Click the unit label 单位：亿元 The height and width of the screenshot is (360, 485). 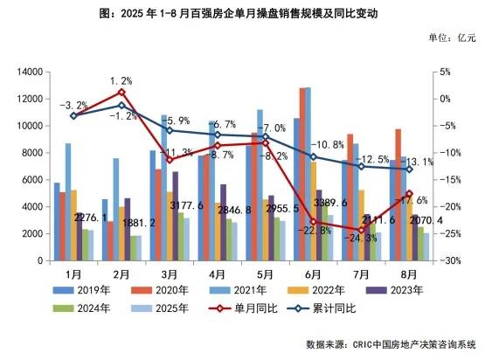pyautogui.click(x=452, y=38)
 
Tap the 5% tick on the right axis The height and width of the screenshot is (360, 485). pyautogui.click(x=446, y=72)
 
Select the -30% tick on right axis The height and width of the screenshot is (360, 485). pyautogui.click(x=450, y=261)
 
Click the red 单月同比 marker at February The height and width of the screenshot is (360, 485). pyautogui.click(x=121, y=92)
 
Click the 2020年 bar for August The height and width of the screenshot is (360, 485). pyautogui.click(x=398, y=195)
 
